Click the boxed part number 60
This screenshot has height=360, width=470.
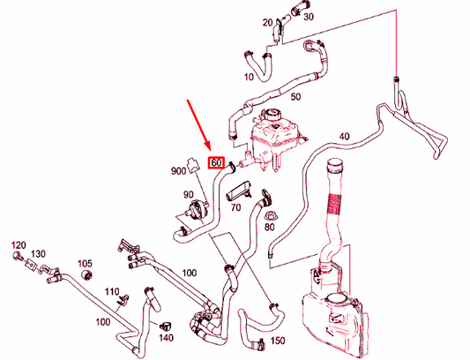(x=216, y=162)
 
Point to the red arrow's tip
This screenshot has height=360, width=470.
(x=211, y=151)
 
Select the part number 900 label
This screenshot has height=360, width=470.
(x=178, y=171)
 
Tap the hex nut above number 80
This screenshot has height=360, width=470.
(x=269, y=215)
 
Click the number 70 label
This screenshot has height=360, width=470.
(x=235, y=207)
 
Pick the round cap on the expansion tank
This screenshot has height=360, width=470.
(x=272, y=115)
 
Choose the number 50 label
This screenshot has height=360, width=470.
(x=295, y=97)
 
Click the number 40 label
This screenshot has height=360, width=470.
(x=345, y=137)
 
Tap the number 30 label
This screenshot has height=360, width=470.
(x=309, y=17)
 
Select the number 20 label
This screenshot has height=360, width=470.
(x=268, y=23)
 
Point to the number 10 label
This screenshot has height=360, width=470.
(x=249, y=77)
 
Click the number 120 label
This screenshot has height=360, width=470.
(x=19, y=245)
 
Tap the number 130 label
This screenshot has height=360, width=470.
(x=38, y=254)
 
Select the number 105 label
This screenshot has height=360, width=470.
(x=85, y=264)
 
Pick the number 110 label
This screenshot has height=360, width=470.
(x=112, y=291)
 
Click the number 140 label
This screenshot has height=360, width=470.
(x=166, y=338)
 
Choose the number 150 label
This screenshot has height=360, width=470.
(x=278, y=341)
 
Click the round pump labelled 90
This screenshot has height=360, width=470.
(x=197, y=209)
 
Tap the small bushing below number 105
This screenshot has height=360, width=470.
(x=87, y=274)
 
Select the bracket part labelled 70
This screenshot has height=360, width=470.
(x=239, y=191)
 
